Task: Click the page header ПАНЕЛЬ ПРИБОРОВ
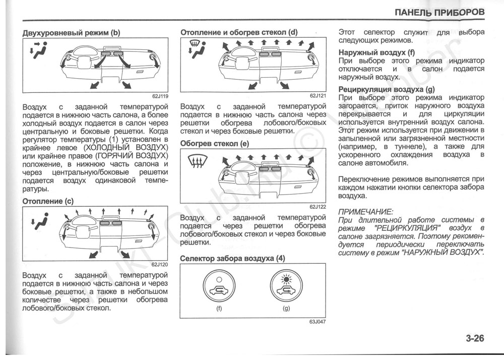point(439,12)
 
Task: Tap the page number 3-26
point(475,338)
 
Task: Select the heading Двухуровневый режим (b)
point(72,33)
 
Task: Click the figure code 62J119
point(160,96)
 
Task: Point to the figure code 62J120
point(160,265)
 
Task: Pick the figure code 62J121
point(318,95)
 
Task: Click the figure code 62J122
point(318,207)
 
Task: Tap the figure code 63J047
point(318,322)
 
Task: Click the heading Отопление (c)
point(48,201)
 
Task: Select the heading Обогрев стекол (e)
point(215,144)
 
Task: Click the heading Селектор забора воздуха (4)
point(232,259)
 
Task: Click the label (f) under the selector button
point(219,309)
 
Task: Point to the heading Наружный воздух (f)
point(376,52)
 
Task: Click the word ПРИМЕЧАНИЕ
point(365,212)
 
